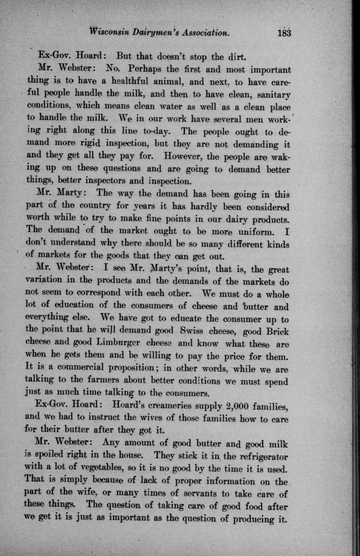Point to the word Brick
click(274, 332)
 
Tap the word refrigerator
click(257, 456)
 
